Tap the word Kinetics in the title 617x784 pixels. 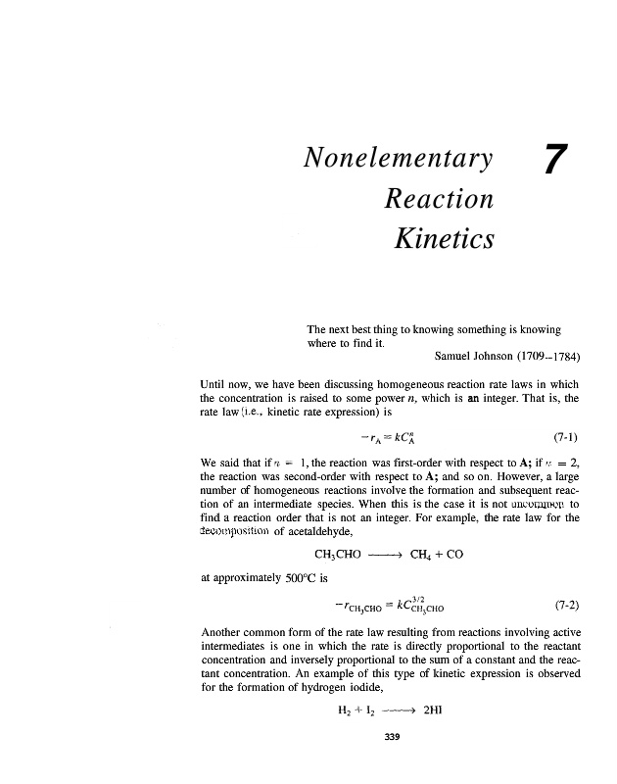(x=443, y=238)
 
